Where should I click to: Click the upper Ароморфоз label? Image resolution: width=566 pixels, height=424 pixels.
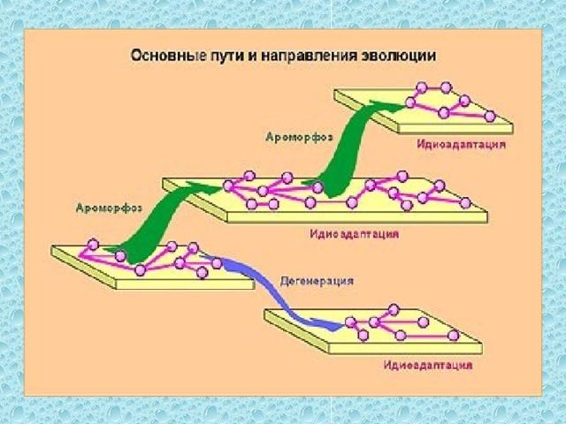[x=299, y=138]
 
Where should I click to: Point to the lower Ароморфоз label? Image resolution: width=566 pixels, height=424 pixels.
[x=109, y=208]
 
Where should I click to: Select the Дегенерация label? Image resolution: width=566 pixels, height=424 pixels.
[x=317, y=281]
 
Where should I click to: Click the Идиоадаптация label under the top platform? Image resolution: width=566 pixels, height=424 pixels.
[x=462, y=144]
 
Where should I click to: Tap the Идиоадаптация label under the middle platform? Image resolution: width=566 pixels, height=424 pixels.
[x=355, y=233]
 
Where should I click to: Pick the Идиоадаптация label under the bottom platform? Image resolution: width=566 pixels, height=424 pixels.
[x=428, y=365]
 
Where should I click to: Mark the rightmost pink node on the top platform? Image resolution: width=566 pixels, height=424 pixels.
[x=490, y=117]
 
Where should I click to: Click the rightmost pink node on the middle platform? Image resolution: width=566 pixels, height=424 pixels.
[x=466, y=203]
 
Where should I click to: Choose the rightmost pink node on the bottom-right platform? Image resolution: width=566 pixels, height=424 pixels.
[x=453, y=336]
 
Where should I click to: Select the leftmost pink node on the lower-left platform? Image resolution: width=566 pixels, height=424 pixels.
[x=93, y=245]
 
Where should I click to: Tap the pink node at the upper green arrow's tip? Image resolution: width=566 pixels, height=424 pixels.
[x=410, y=102]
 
